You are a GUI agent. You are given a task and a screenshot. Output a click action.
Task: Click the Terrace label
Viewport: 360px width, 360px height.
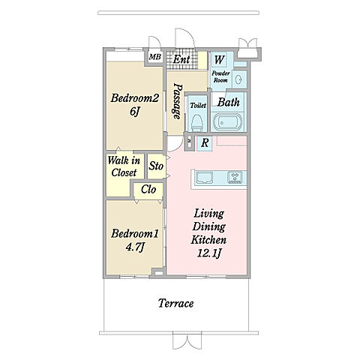pos(176,304)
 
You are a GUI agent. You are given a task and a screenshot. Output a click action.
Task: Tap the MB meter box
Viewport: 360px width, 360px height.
pos(155,57)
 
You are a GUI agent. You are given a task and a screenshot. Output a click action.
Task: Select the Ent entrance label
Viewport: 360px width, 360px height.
pos(181,59)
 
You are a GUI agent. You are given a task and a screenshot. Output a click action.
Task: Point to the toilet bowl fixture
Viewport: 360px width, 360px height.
pos(196,123)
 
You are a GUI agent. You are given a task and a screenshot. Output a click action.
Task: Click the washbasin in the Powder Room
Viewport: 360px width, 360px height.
pos(238,79)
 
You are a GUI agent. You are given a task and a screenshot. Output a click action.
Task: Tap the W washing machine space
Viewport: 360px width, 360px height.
pos(219,59)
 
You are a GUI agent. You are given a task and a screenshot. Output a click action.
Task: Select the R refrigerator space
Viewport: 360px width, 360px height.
pos(205,143)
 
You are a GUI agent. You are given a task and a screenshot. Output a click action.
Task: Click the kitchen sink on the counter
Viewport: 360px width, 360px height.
pos(205,177)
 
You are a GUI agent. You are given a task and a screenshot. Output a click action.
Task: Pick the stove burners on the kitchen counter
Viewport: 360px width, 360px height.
pos(235,177)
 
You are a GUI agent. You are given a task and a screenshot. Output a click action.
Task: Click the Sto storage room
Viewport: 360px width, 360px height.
pos(157,166)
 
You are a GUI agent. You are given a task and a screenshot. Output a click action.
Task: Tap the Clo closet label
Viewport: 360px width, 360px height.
pos(148,190)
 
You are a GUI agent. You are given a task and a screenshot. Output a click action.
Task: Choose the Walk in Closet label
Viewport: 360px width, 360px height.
pos(124,166)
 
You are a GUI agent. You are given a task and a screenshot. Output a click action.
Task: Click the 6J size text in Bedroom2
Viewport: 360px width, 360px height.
pos(134,111)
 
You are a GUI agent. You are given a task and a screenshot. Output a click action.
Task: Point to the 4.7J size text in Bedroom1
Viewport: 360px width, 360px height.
pos(135,247)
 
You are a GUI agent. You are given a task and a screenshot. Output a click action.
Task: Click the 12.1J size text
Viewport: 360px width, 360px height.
pos(209,253)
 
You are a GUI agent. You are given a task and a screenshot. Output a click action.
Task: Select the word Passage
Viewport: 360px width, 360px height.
pos(177,101)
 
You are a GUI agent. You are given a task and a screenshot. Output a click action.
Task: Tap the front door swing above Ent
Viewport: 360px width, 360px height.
pos(185,38)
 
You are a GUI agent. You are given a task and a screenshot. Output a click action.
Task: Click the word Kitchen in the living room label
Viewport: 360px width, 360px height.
pos(208,240)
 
